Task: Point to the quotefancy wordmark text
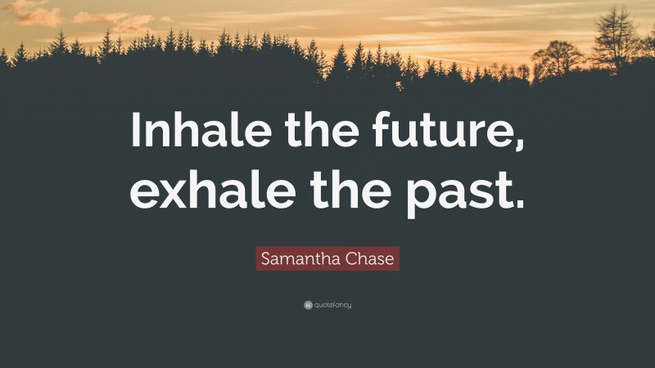coord(332,305)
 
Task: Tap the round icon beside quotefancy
coord(307,305)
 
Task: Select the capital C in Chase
coord(343,259)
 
